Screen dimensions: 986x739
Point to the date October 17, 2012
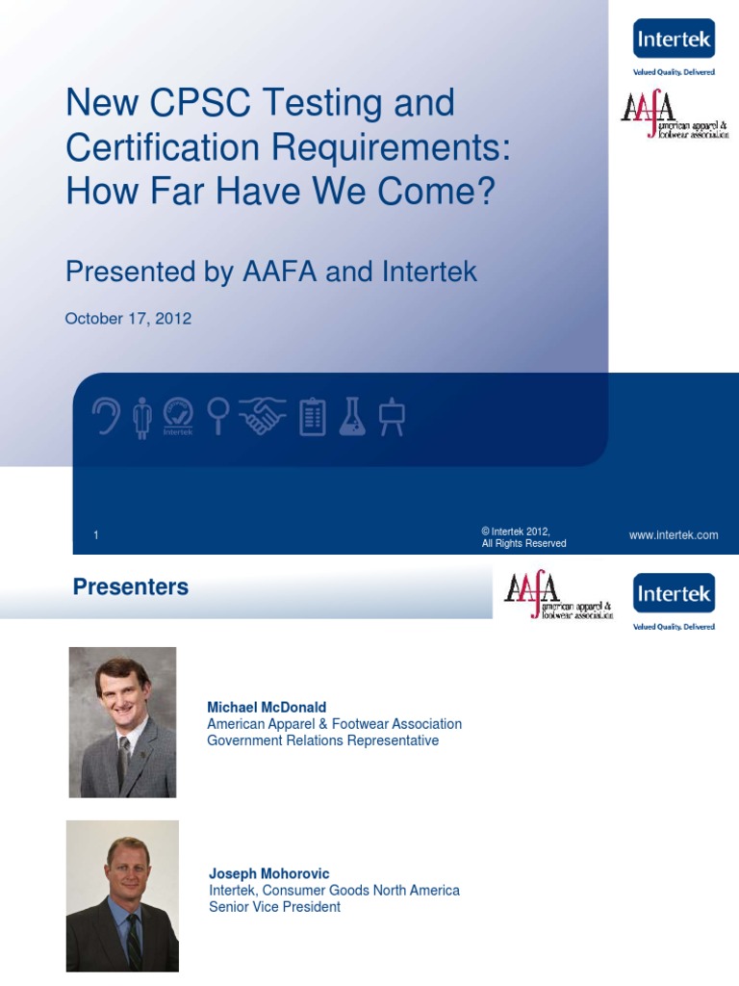pos(128,319)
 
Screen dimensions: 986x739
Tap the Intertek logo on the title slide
pos(674,39)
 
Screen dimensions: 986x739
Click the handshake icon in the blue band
pos(262,417)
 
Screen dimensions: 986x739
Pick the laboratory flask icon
pos(352,417)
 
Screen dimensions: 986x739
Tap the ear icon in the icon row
pos(105,417)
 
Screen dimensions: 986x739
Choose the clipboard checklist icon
pos(313,417)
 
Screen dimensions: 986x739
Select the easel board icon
pos(393,417)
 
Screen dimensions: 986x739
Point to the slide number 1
pos(96,536)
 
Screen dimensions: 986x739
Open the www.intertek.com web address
pos(674,535)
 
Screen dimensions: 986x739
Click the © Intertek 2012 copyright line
pos(516,531)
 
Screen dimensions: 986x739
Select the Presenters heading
pos(131,587)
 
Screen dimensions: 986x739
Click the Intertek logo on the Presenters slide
pos(674,594)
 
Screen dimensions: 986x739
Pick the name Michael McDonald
pos(268,708)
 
